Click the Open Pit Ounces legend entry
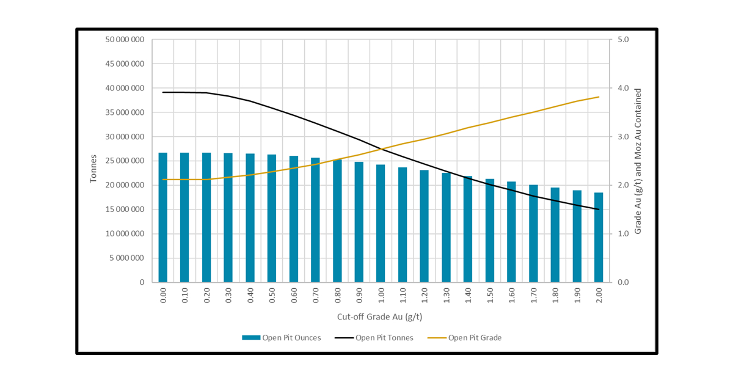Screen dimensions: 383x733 pyautogui.click(x=282, y=338)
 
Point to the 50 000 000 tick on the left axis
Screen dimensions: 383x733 pyautogui.click(x=125, y=40)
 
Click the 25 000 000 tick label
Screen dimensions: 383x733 pyautogui.click(x=125, y=161)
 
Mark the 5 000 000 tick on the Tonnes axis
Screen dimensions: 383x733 pyautogui.click(x=127, y=258)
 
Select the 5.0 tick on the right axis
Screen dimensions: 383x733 pyautogui.click(x=622, y=40)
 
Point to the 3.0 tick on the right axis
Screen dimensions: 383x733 pyautogui.click(x=622, y=137)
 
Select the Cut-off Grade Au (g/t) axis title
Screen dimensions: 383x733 pyautogui.click(x=380, y=317)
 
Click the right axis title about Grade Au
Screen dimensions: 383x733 pyautogui.click(x=638, y=161)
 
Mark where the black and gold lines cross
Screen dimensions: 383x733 pyautogui.click(x=384, y=148)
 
